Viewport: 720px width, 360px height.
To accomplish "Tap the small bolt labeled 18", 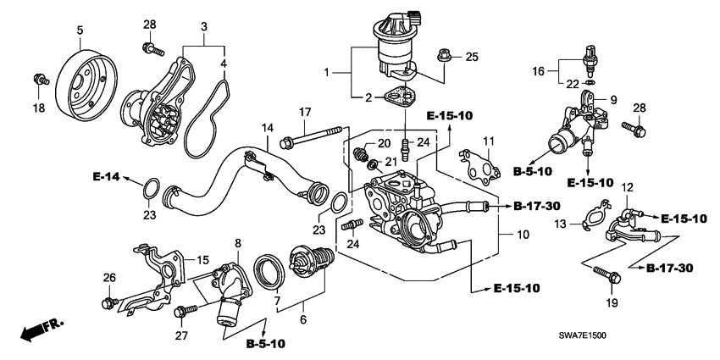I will coord(38,80).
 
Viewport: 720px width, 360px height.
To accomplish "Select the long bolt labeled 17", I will coord(314,134).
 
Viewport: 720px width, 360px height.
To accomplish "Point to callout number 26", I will coord(108,278).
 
